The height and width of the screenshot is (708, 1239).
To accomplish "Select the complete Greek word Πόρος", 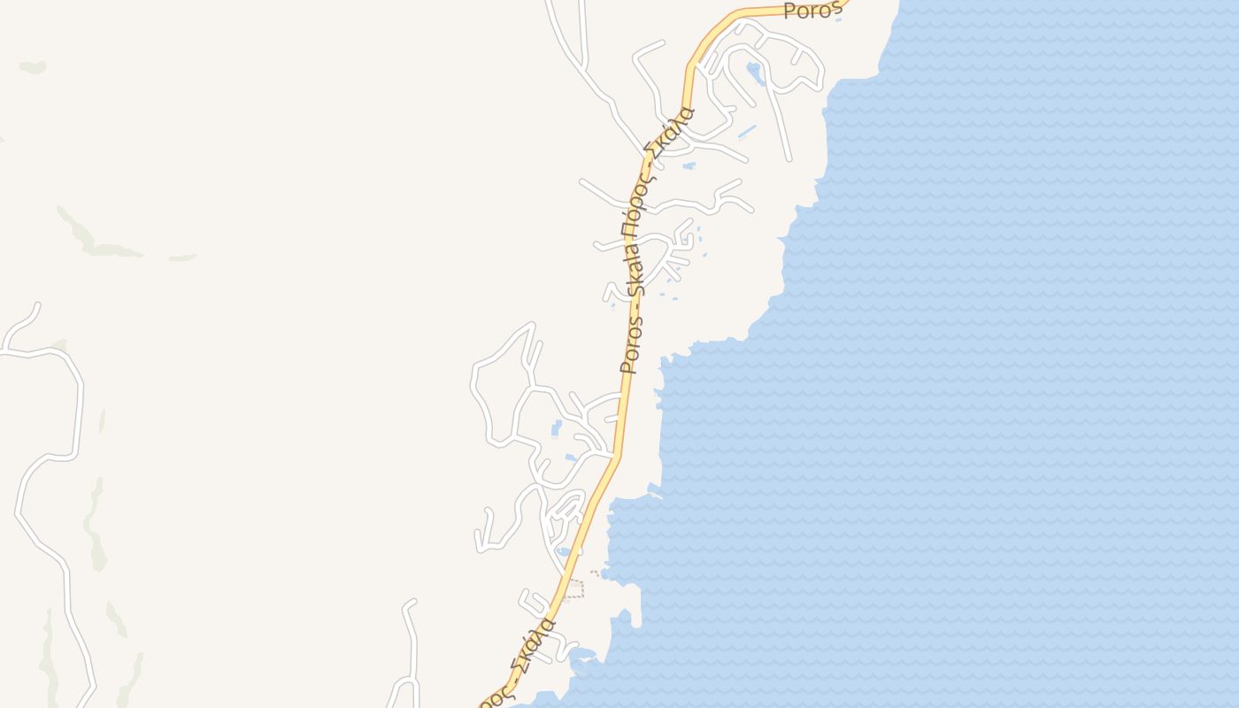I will click(635, 193).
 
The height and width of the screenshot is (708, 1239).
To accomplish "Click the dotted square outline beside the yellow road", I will click(574, 589).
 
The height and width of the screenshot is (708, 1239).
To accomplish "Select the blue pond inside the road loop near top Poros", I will click(755, 73).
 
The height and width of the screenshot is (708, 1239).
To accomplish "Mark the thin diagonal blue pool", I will click(748, 133).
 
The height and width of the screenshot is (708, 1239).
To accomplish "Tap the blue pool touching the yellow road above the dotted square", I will click(564, 552).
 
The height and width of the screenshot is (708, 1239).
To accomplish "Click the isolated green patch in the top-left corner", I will click(33, 66).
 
